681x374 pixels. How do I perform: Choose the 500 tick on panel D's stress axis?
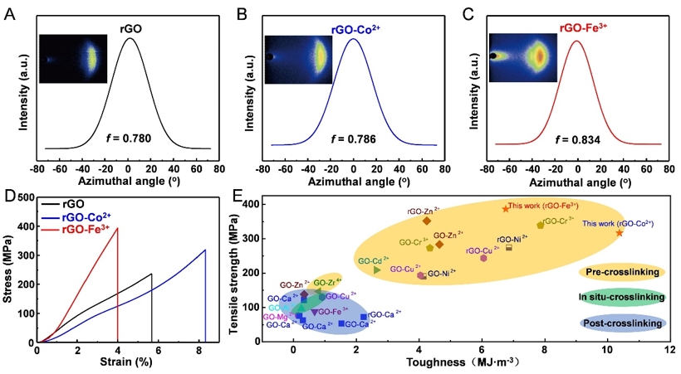[x=24, y=198]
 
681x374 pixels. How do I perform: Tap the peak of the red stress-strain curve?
[x=117, y=228]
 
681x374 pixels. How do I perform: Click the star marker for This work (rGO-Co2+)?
[x=620, y=233]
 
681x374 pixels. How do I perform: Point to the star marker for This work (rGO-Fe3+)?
[x=505, y=208]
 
